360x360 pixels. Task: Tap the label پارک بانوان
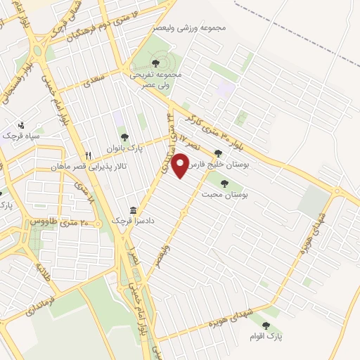(105, 148)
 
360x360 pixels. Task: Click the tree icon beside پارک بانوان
(125, 137)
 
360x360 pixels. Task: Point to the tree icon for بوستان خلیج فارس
(218, 152)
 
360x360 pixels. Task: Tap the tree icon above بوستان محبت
(224, 183)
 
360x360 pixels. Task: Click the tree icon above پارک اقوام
(266, 325)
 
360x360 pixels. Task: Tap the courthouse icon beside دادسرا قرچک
(133, 210)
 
